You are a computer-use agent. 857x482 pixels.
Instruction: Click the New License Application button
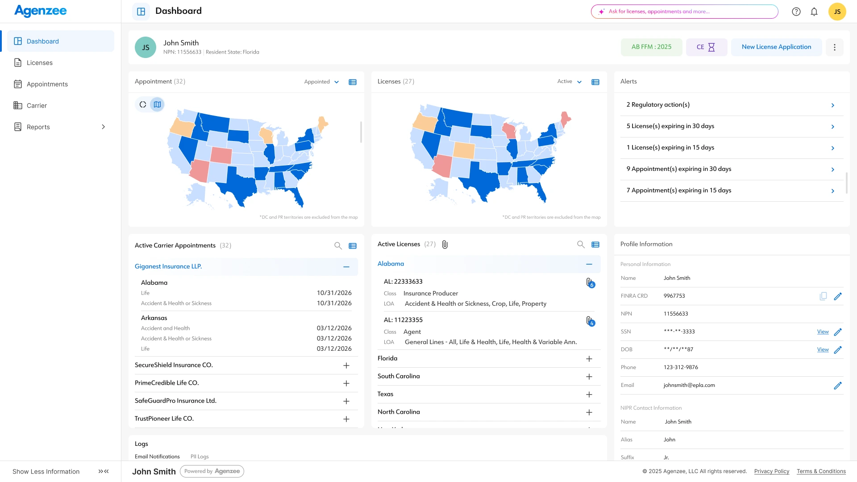click(x=776, y=47)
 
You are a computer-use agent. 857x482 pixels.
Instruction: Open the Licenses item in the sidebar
click(x=39, y=63)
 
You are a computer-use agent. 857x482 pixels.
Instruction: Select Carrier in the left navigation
click(x=37, y=106)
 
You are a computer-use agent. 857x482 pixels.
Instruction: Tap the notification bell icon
click(x=814, y=12)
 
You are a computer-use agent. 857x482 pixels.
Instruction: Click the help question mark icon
click(x=796, y=12)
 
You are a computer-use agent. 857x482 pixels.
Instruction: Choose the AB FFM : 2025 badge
click(x=651, y=47)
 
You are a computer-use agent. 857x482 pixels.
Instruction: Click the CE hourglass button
click(x=706, y=47)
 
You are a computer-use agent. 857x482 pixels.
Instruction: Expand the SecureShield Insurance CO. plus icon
click(x=346, y=366)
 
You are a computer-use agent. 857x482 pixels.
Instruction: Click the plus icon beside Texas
click(x=589, y=395)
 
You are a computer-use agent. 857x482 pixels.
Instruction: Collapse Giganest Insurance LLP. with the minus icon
click(x=346, y=267)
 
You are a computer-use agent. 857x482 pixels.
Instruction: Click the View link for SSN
click(x=823, y=332)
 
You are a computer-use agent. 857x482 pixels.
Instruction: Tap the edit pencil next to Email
click(x=838, y=386)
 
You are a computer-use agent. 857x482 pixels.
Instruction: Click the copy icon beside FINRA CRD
click(x=823, y=296)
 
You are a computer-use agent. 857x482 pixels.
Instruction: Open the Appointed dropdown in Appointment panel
click(x=321, y=82)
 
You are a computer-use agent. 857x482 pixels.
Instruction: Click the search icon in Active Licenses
click(x=581, y=245)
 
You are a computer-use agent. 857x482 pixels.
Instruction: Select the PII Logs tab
click(x=200, y=457)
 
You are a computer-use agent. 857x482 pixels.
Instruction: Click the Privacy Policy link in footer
click(x=772, y=471)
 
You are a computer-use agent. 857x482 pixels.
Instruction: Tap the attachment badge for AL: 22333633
click(x=590, y=283)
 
